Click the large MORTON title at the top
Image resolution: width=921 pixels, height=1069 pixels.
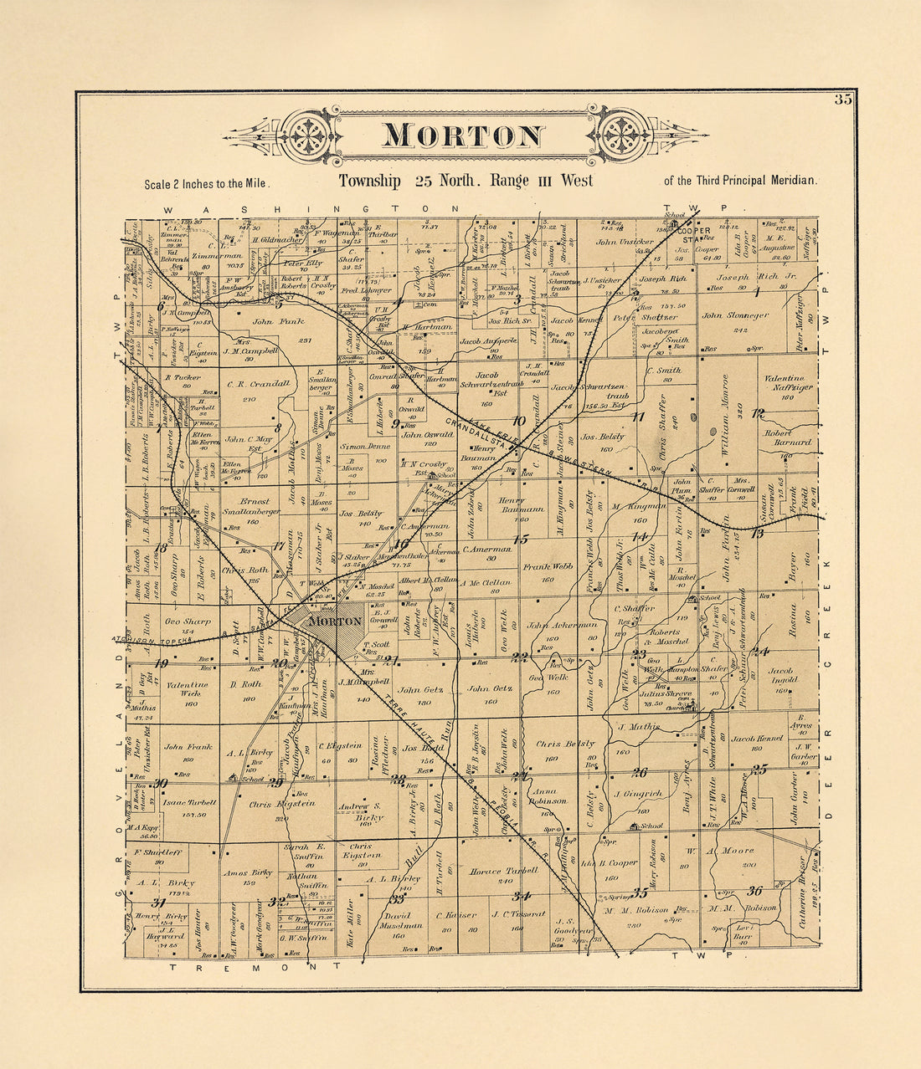463,136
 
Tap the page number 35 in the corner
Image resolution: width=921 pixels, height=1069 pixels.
842,101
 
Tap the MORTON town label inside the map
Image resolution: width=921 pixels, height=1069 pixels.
335,621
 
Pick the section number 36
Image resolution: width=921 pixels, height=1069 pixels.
754,891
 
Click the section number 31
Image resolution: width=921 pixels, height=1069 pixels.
157,903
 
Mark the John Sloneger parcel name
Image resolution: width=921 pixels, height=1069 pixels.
734,316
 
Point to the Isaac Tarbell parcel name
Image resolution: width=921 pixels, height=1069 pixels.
190,802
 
